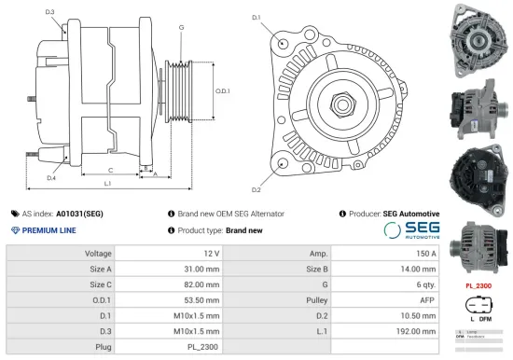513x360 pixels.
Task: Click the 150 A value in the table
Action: pyautogui.click(x=425, y=254)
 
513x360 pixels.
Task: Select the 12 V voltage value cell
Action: pyautogui.click(x=210, y=254)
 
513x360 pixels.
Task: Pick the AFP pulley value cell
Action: pyautogui.click(x=427, y=300)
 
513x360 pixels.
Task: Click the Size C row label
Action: pyautogui.click(x=100, y=284)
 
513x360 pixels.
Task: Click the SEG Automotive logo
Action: pyautogui.click(x=410, y=230)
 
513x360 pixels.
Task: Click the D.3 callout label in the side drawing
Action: pyautogui.click(x=49, y=12)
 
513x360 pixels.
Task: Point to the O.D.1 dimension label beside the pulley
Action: pyautogui.click(x=222, y=90)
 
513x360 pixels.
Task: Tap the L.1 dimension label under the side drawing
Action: pyautogui.click(x=108, y=185)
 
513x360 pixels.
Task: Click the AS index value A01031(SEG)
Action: pyautogui.click(x=79, y=214)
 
